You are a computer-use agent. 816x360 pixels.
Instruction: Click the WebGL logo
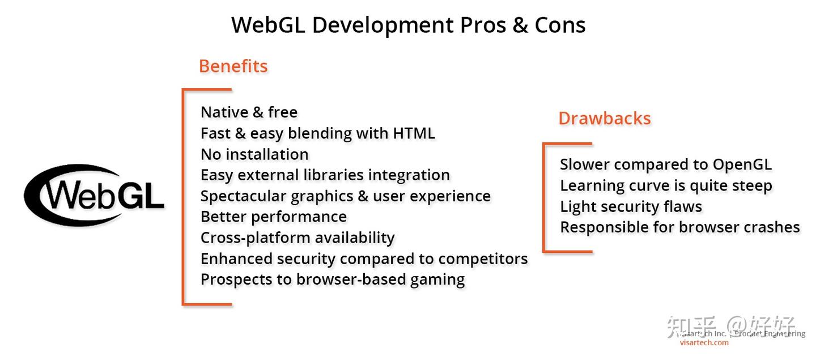point(94,194)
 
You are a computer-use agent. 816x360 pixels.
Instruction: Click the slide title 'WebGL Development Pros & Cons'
point(408,25)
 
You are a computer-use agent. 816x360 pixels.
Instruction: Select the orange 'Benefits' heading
point(233,66)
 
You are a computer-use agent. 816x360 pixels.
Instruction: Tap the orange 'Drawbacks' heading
point(605,118)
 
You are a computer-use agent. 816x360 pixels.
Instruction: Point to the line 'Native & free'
point(249,112)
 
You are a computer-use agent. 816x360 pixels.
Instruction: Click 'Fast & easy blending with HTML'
point(317,133)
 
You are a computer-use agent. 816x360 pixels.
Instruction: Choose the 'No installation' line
point(254,154)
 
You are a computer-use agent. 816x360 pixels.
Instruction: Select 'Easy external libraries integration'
point(325,175)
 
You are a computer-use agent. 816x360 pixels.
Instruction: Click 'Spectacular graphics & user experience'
point(345,196)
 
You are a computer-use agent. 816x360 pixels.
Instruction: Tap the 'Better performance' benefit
point(273,217)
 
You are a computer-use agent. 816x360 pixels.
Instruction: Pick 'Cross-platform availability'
point(297,238)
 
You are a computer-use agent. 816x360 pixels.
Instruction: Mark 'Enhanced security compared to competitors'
point(364,259)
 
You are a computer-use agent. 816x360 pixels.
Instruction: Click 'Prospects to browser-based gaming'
point(333,279)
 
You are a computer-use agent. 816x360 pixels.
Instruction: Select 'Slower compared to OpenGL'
point(665,164)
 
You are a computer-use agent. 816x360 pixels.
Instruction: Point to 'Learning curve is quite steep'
point(666,185)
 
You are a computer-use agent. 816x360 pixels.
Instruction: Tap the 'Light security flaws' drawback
point(631,206)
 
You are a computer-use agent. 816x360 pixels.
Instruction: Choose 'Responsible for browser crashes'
point(679,227)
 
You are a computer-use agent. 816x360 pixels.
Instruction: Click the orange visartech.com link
point(704,342)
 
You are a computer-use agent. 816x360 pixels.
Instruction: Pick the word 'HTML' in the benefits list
point(414,133)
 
